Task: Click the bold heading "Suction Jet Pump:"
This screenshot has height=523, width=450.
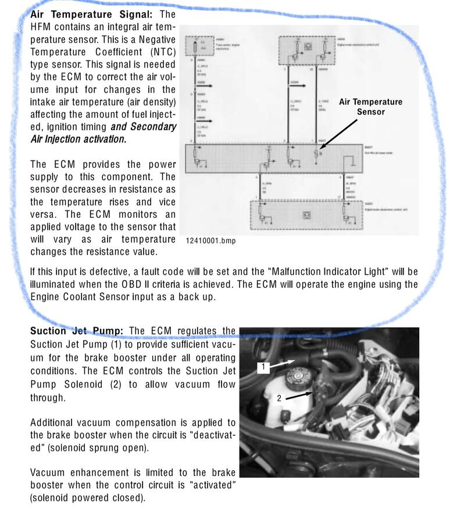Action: (x=77, y=331)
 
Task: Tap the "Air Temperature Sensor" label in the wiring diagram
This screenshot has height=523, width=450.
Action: (x=370, y=106)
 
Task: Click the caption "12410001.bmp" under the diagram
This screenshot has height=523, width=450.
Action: (x=210, y=241)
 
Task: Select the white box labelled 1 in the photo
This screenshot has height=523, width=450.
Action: (x=263, y=367)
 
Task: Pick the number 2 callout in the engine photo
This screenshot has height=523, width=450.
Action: (x=279, y=398)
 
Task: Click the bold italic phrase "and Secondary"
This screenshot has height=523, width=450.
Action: (x=143, y=127)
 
